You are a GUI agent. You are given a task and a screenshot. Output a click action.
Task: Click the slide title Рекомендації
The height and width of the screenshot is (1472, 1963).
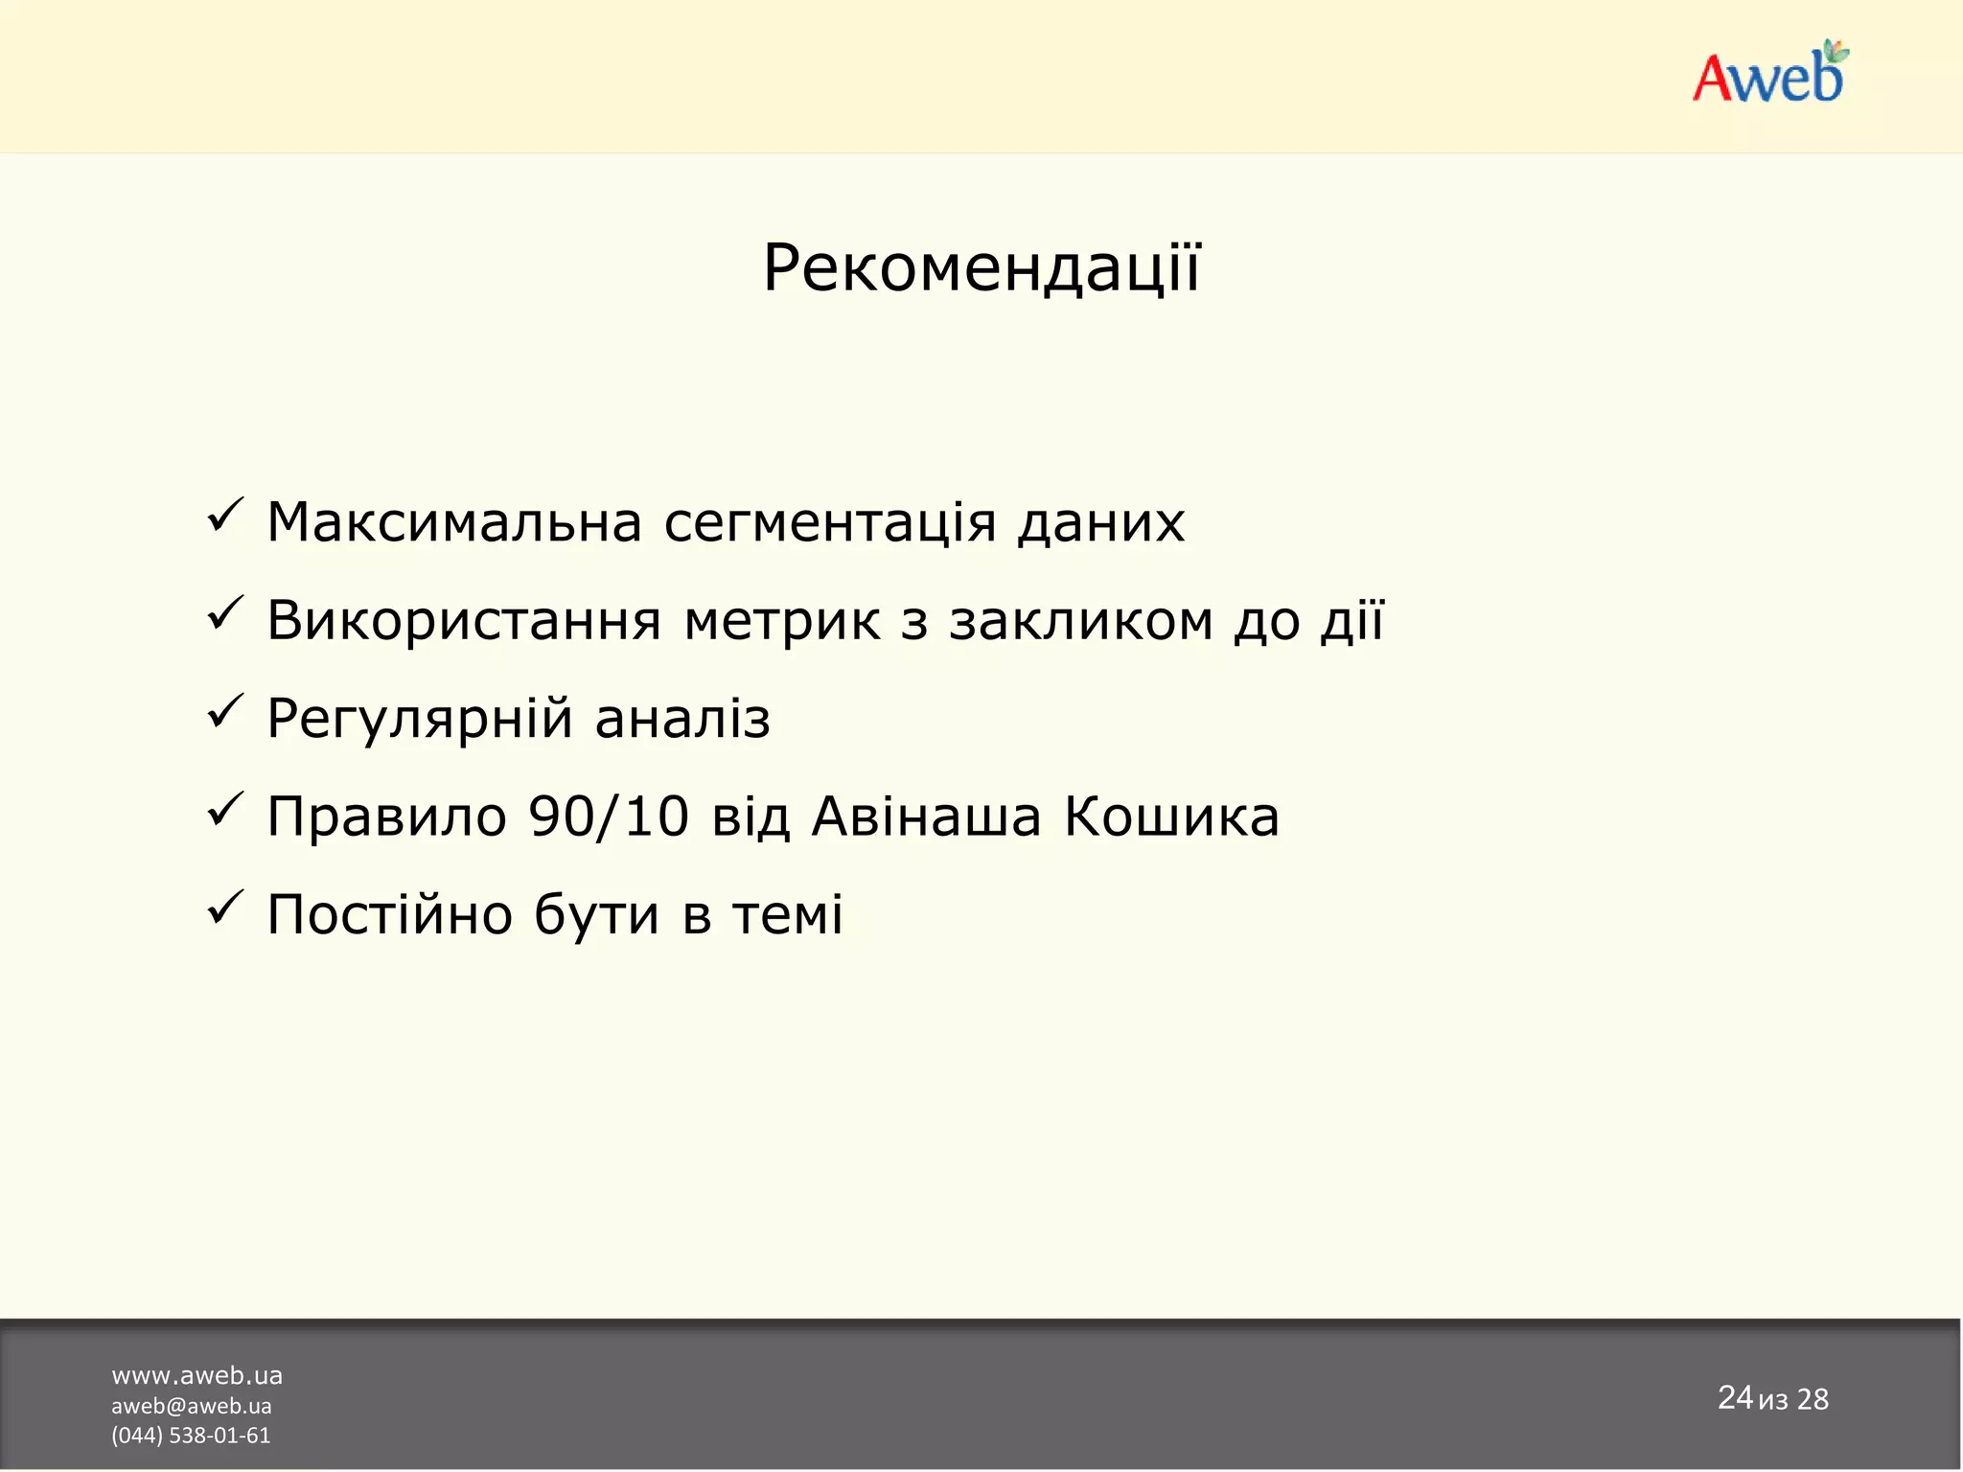(x=981, y=268)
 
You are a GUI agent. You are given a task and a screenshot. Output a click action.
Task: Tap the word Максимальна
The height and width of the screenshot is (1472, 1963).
(x=454, y=522)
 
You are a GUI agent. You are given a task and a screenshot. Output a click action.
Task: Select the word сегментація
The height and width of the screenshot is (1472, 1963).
(x=830, y=524)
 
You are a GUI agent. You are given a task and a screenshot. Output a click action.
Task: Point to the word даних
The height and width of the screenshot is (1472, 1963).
(x=1101, y=524)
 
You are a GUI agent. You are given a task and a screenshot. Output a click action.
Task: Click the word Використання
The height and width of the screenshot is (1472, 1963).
(x=464, y=621)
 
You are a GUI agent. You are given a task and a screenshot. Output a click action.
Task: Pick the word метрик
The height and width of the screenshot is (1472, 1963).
(x=781, y=621)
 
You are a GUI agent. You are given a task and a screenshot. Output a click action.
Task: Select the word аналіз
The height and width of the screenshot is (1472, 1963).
(x=682, y=720)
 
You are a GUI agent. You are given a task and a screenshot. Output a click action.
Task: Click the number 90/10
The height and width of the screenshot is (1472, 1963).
(x=609, y=816)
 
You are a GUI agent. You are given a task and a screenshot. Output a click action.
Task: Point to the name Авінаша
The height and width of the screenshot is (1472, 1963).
(x=926, y=816)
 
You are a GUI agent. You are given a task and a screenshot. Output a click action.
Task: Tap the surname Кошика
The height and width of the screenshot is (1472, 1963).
(x=1171, y=816)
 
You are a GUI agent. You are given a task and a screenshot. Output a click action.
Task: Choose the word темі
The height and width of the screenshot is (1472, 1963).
(x=788, y=914)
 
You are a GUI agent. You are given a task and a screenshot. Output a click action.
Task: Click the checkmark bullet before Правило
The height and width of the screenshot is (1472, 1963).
(x=225, y=811)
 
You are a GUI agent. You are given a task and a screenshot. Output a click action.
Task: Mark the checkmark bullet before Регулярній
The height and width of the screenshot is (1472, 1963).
(x=225, y=713)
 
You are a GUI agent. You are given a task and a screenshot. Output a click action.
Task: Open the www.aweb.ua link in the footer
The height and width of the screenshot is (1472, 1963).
(x=196, y=1375)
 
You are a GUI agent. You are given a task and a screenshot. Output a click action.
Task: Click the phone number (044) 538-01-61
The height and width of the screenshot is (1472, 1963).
(x=191, y=1435)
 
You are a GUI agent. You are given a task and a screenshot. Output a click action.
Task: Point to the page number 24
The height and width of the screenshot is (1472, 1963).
(x=1735, y=1397)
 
